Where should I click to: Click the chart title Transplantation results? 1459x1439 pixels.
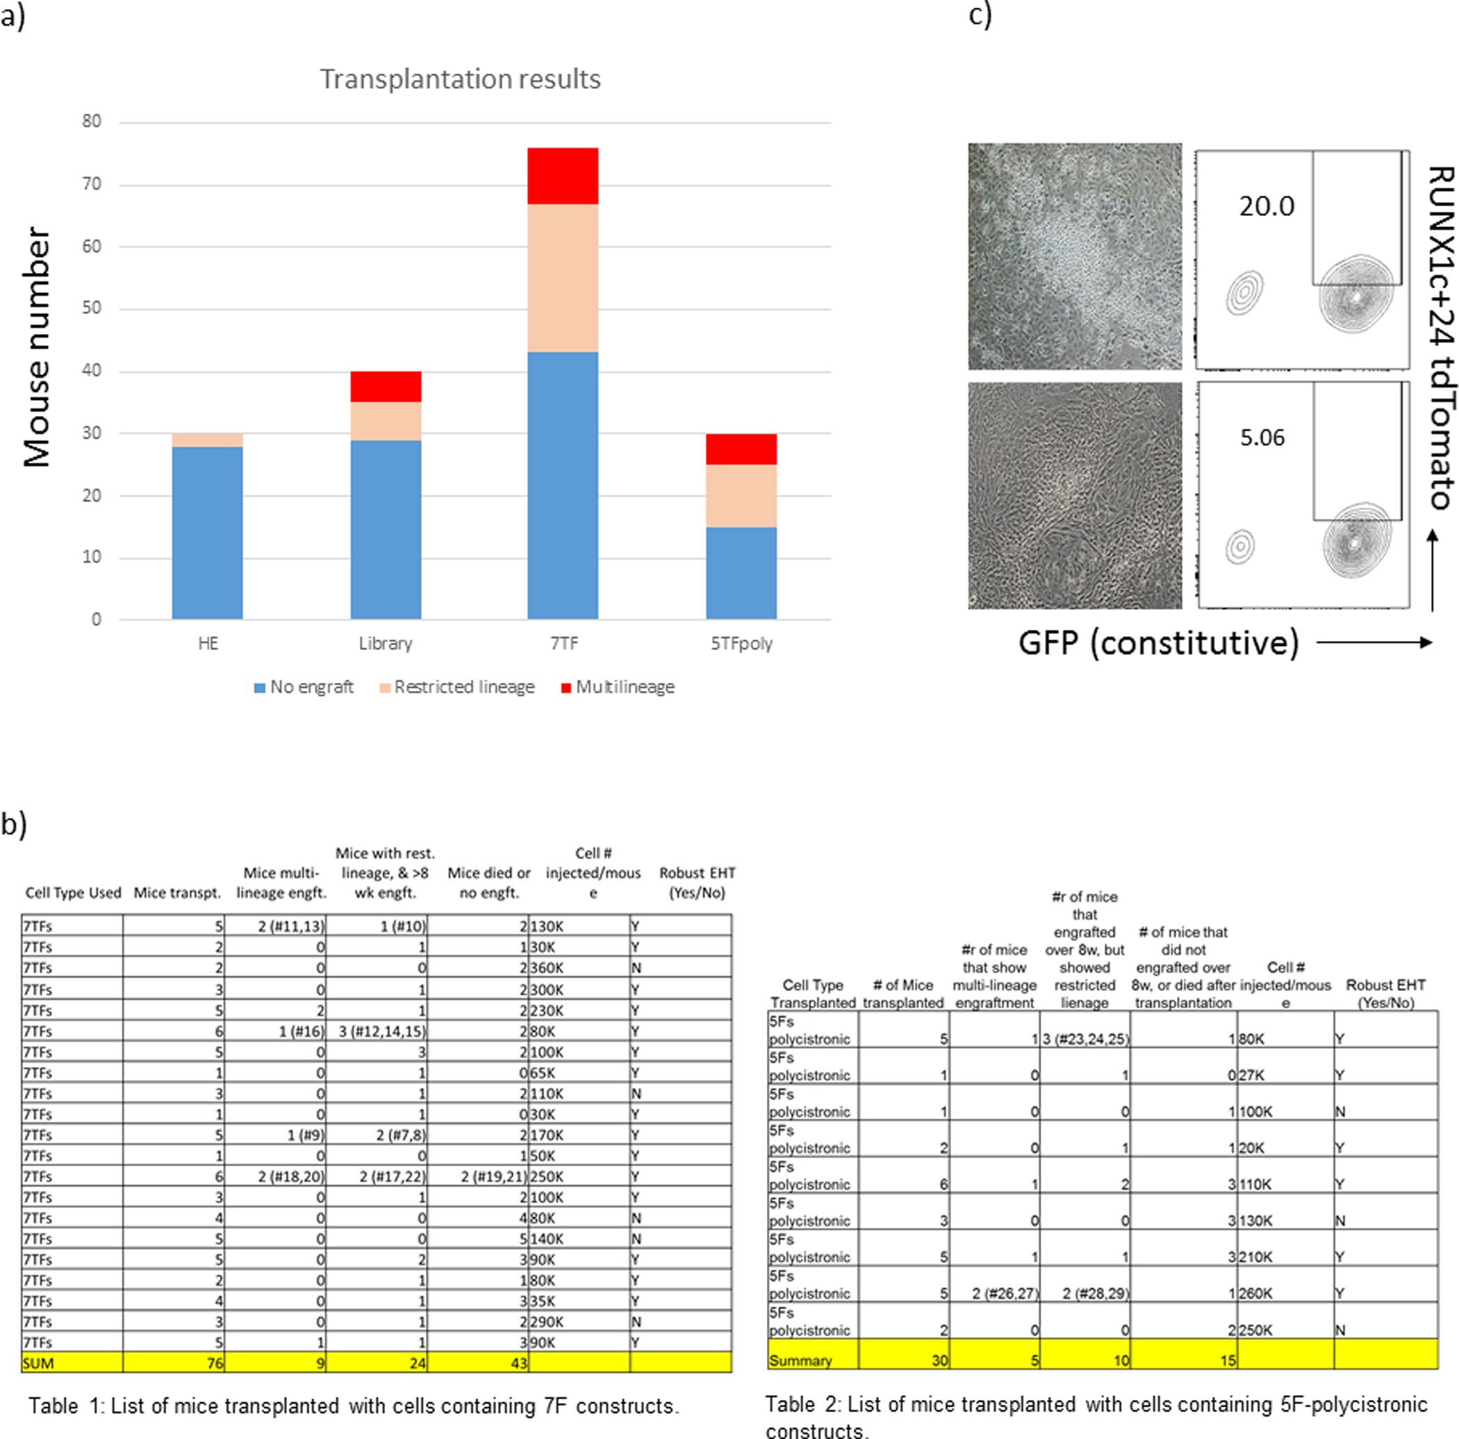pyautogui.click(x=460, y=78)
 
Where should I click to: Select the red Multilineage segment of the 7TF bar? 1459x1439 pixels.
pyautogui.click(x=563, y=176)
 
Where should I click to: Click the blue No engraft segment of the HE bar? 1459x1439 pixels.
pyautogui.click(x=208, y=532)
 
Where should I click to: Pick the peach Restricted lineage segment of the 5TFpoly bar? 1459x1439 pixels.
pyautogui.click(x=741, y=495)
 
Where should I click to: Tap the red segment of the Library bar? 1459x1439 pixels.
pyautogui.click(x=385, y=387)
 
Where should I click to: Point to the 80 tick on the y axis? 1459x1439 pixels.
pyautogui.click(x=92, y=121)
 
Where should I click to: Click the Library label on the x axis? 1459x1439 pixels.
pyautogui.click(x=385, y=643)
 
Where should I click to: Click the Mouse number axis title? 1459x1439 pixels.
pyautogui.click(x=35, y=347)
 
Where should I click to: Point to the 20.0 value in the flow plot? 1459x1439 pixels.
pyautogui.click(x=1267, y=206)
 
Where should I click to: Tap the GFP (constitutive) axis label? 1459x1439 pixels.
pyautogui.click(x=1158, y=642)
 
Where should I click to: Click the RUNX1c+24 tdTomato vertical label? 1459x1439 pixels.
pyautogui.click(x=1441, y=338)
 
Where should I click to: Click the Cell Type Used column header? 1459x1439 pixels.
pyautogui.click(x=73, y=892)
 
